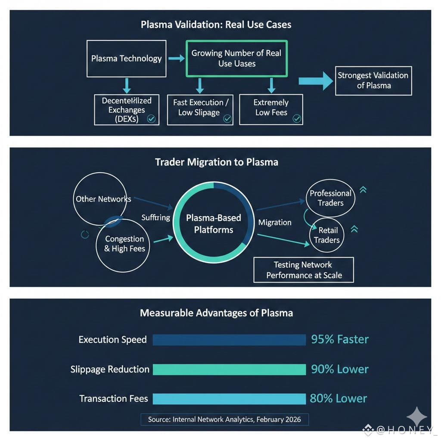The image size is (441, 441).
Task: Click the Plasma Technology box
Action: coord(126,59)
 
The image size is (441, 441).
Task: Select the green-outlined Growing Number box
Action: coord(236,59)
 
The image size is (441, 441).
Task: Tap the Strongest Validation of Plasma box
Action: coord(373,81)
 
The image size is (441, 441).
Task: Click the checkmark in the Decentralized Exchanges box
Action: coord(151,119)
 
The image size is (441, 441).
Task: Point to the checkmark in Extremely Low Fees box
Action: coord(296,119)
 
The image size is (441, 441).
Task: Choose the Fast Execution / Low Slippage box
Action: coord(200,109)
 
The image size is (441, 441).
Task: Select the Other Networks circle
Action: coord(101,199)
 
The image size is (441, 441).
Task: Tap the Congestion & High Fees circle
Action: coord(124,244)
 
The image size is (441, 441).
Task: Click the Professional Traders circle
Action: coord(330,198)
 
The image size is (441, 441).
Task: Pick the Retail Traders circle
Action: coord(327,235)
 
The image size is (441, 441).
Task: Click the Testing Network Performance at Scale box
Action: coord(304,270)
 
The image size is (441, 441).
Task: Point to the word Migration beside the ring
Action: coord(275,222)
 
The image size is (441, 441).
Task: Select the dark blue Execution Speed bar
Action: coord(229,339)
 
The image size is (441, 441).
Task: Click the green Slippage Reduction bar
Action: coord(229,370)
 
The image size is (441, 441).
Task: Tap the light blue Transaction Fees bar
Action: coord(229,399)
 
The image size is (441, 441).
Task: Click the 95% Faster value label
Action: coord(340,339)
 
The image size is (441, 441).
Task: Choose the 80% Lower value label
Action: coord(338,399)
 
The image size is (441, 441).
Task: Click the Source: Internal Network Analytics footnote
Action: coord(224,419)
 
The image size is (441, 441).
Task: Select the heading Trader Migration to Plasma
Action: coord(216,162)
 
